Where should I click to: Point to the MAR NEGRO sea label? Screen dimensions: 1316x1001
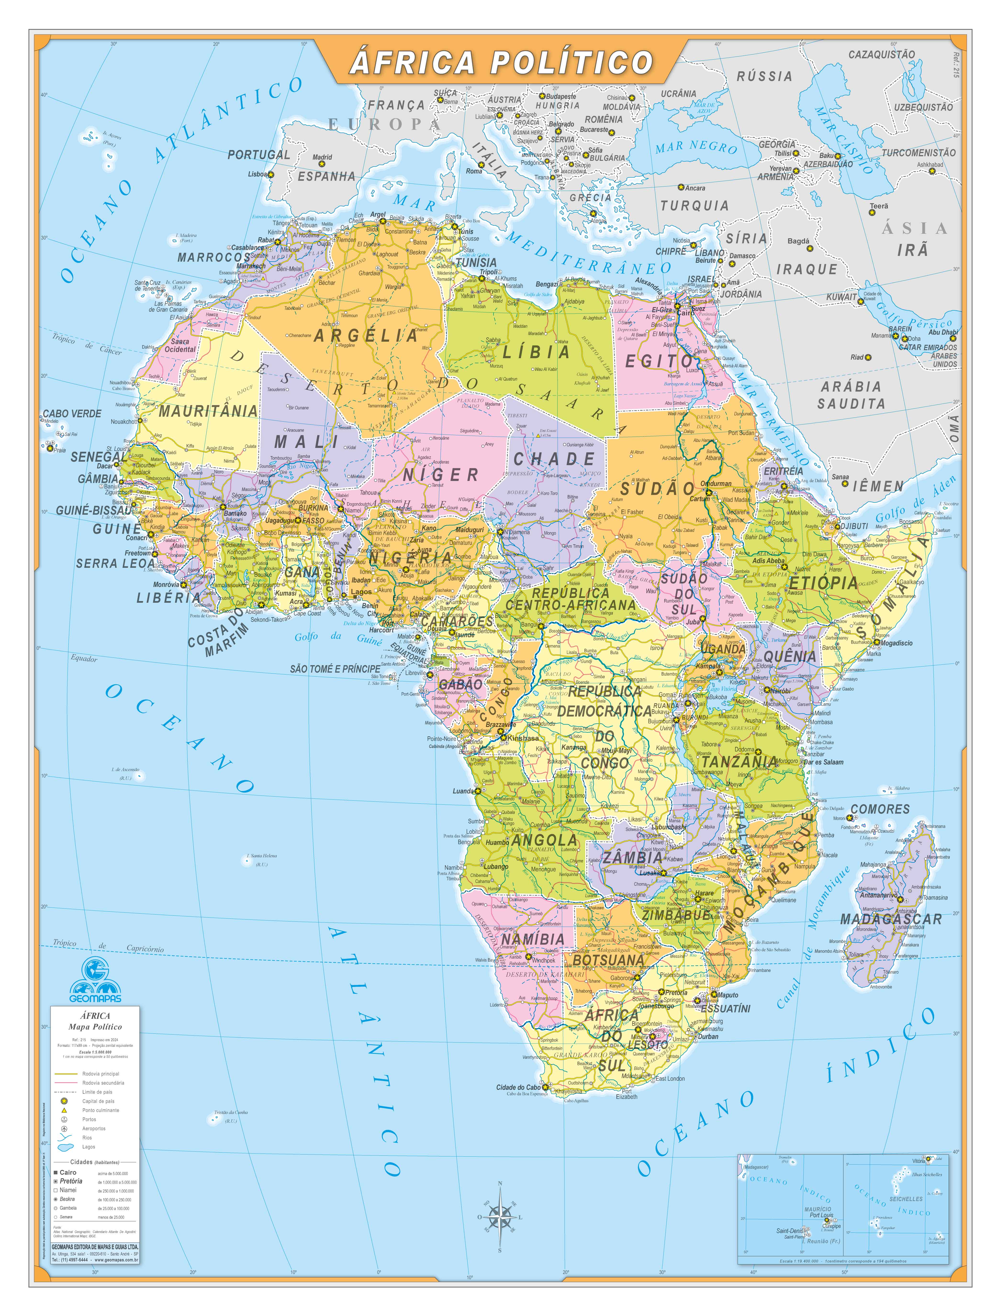[x=696, y=146]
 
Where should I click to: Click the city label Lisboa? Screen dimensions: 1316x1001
[x=257, y=175]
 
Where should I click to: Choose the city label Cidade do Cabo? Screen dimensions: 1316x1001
[x=518, y=1087]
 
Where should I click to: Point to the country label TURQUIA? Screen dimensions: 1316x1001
[x=694, y=206]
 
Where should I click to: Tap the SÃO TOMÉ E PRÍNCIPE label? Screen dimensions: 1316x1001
[x=335, y=669]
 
